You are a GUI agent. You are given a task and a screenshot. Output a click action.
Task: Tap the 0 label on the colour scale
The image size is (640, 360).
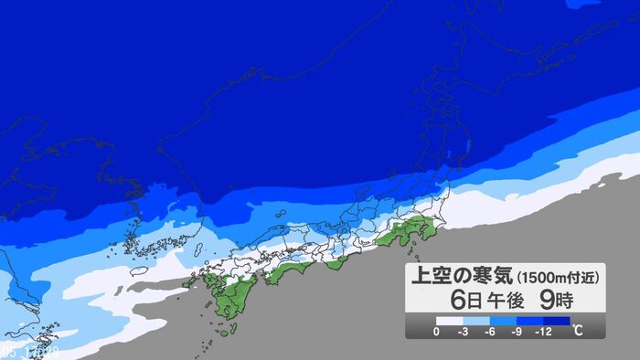pyautogui.click(x=436, y=331)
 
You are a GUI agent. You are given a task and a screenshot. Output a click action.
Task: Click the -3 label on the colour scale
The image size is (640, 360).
pyautogui.click(x=464, y=331)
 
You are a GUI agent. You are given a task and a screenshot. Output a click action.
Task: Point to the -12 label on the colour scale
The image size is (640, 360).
pyautogui.click(x=546, y=331)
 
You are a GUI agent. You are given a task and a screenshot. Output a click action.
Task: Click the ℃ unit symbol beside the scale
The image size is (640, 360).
pyautogui.click(x=577, y=330)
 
